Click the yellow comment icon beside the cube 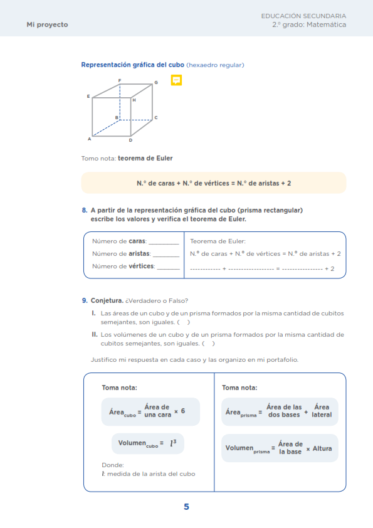point(176,80)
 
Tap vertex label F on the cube point(120,80)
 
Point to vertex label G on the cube point(156,83)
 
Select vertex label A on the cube point(89,139)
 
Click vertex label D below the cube point(130,140)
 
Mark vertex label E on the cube point(88,97)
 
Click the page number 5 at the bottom point(187,507)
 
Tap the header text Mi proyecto point(48,24)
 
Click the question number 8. point(85,210)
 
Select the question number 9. point(85,300)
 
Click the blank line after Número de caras point(164,243)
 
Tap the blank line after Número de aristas point(166,256)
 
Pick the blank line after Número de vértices point(169,268)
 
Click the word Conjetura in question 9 point(107,300)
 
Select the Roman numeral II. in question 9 point(95,334)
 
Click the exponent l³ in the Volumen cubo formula point(173,443)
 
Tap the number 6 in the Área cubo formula point(183,411)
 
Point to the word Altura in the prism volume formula point(322,448)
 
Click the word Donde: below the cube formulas point(113,465)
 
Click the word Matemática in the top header point(327,24)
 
